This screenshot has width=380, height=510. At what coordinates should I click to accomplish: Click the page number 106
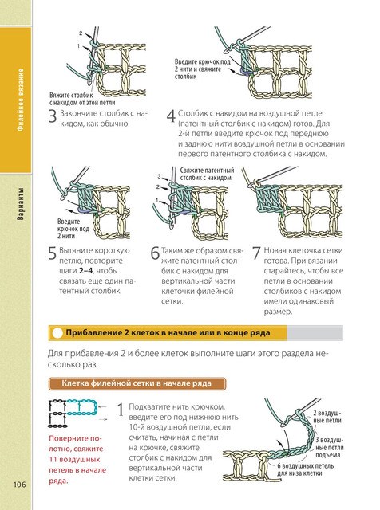tap(19, 484)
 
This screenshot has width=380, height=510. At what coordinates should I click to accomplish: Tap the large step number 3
tap(53, 117)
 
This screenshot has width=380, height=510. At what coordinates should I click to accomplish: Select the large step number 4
tap(171, 116)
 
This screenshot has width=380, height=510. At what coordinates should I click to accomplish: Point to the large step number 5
tap(53, 253)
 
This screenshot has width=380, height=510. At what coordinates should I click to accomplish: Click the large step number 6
tap(155, 253)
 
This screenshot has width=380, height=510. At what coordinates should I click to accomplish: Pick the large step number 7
tap(257, 253)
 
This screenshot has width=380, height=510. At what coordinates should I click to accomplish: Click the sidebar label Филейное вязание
tap(21, 100)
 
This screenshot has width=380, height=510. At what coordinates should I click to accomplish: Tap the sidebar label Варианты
tap(21, 204)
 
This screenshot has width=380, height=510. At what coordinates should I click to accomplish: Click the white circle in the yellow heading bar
tap(57, 333)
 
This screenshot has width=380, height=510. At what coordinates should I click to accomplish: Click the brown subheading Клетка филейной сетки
tap(108, 383)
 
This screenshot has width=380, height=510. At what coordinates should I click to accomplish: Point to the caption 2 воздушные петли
tap(327, 417)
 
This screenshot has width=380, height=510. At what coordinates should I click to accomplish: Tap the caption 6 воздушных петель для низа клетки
tap(306, 469)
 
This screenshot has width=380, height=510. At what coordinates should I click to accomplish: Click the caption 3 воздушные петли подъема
tap(328, 448)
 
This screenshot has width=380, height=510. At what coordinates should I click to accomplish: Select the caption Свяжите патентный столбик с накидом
tap(207, 174)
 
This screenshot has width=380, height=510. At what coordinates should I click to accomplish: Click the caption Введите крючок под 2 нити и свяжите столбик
tap(203, 69)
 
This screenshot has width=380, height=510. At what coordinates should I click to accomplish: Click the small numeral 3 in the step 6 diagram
tap(159, 176)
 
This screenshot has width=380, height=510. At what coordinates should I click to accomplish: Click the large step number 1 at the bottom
tap(121, 410)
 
